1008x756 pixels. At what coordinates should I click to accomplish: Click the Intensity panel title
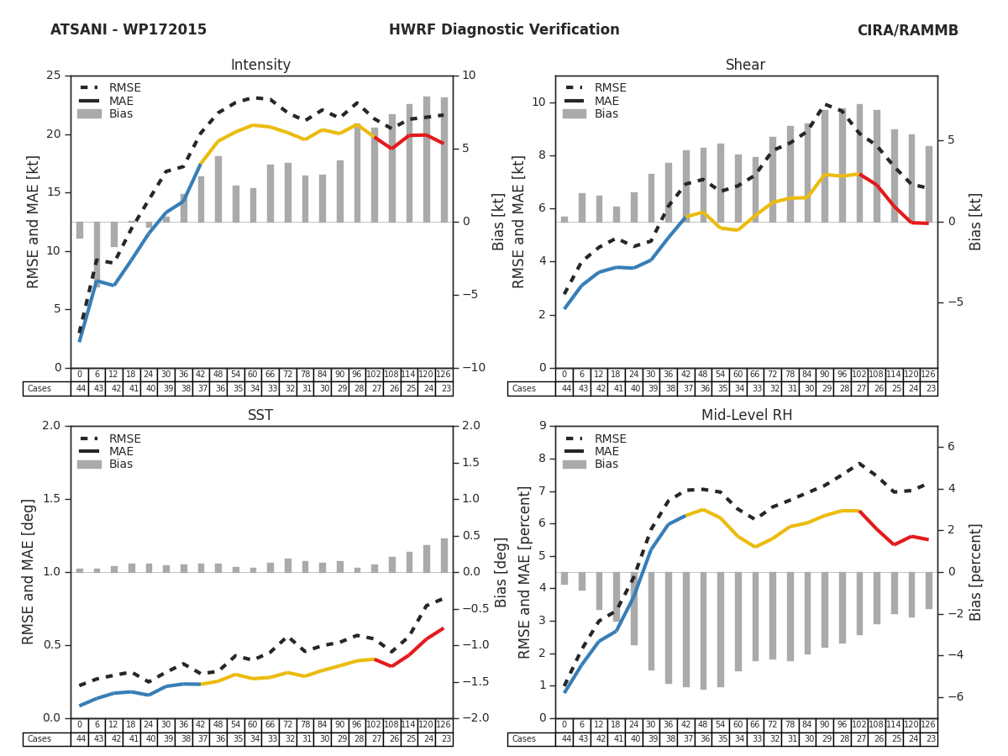click(x=260, y=66)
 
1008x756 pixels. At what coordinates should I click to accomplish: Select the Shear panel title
click(x=745, y=66)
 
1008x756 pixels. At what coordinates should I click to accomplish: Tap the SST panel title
click(x=260, y=416)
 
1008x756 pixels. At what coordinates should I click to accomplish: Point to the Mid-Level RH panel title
click(x=745, y=416)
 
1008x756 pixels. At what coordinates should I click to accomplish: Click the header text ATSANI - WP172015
click(x=129, y=30)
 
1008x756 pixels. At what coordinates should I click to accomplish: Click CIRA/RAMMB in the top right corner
click(x=907, y=30)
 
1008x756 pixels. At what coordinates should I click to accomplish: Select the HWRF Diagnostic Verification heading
click(x=504, y=30)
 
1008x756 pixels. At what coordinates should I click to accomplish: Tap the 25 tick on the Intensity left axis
click(x=53, y=76)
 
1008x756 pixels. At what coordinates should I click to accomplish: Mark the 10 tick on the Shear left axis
click(x=538, y=102)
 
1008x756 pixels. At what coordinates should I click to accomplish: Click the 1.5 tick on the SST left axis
click(x=51, y=499)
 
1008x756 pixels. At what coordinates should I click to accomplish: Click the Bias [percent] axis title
click(x=976, y=571)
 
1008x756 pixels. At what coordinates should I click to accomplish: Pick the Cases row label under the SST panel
click(x=39, y=739)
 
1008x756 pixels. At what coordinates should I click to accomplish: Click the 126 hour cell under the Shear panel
click(x=929, y=375)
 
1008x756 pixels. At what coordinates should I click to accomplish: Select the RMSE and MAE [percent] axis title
click(x=525, y=571)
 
